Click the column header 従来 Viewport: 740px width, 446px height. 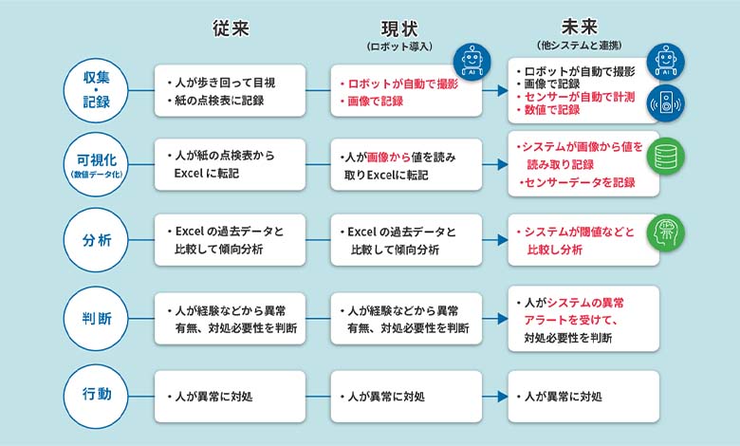(231, 28)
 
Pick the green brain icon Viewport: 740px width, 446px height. (666, 234)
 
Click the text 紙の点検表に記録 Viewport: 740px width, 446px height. (219, 100)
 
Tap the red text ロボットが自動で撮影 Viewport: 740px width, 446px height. (401, 83)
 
